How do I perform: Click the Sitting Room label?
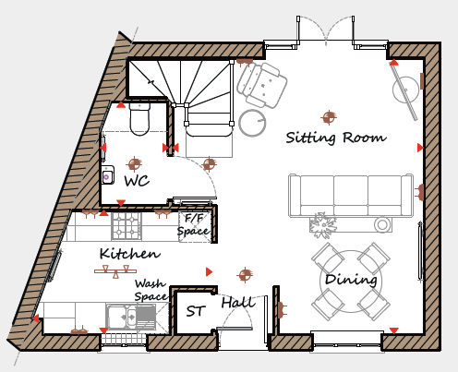click(336, 138)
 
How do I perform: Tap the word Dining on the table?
click(351, 280)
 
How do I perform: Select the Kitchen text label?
click(130, 254)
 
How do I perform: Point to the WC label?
click(137, 181)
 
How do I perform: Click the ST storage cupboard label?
click(196, 311)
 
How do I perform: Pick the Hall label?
click(238, 303)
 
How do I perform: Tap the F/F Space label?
click(194, 225)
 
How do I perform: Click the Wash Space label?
click(151, 290)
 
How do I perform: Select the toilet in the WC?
click(139, 119)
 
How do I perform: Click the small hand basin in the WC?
click(108, 175)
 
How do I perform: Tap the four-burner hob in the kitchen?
click(127, 226)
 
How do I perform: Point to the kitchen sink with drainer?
click(130, 316)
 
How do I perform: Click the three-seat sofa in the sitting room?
click(351, 196)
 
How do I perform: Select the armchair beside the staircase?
click(262, 85)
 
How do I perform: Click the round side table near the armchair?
click(252, 123)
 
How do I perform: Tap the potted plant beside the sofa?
click(322, 225)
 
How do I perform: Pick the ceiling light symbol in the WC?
click(135, 163)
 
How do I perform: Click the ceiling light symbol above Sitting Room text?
click(329, 117)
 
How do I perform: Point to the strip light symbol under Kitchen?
click(115, 271)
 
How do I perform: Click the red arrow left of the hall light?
click(209, 271)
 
